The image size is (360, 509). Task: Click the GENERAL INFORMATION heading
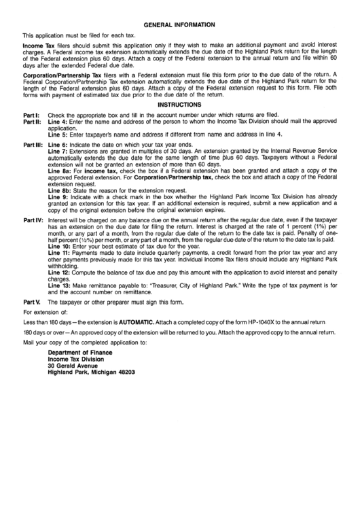click(179, 23)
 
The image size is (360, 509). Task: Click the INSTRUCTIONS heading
click(179, 105)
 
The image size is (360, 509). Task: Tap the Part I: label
click(33, 116)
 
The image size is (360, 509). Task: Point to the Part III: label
click(34, 145)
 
